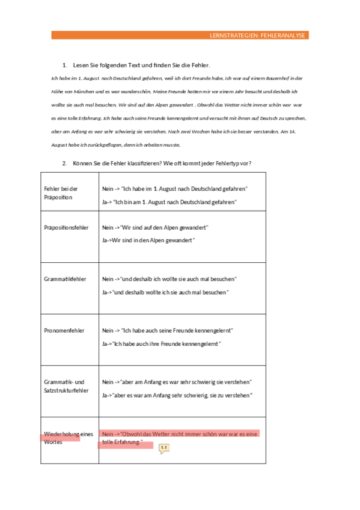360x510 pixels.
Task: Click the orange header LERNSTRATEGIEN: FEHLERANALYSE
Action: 257,36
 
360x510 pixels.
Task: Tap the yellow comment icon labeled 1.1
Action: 163,448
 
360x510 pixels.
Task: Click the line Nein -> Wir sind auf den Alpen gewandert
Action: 155,228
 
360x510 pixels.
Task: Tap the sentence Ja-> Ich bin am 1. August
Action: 169,202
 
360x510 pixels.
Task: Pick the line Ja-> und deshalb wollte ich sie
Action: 165,292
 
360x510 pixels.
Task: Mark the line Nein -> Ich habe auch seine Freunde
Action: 168,330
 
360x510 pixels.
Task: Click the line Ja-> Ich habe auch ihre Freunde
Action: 162,343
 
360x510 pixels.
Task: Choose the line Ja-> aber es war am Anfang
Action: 177,395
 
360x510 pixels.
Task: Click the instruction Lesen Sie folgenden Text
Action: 141,64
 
